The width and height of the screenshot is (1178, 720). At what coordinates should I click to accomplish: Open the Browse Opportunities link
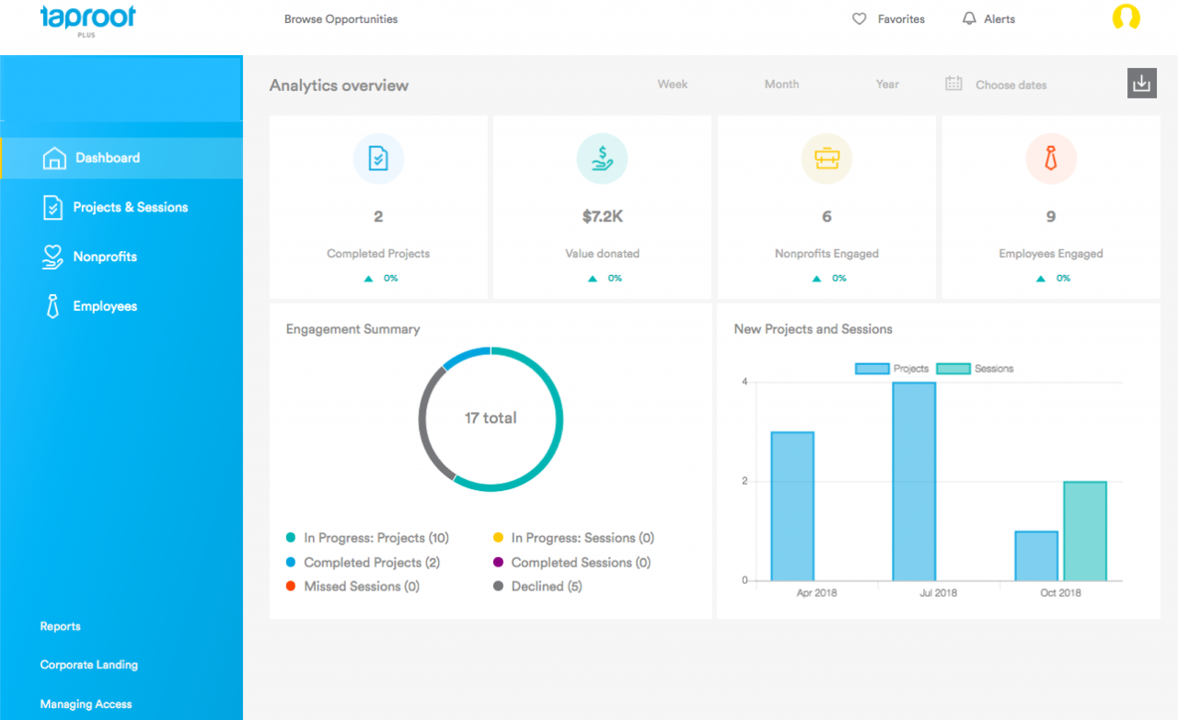pyautogui.click(x=341, y=19)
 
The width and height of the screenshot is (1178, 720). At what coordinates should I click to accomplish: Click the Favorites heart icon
pyautogui.click(x=860, y=19)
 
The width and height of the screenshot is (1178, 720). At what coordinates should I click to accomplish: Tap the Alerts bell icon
pyautogui.click(x=969, y=19)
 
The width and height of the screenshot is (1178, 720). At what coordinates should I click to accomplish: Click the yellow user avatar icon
pyautogui.click(x=1126, y=18)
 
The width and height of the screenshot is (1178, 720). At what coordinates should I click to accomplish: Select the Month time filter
pyautogui.click(x=781, y=85)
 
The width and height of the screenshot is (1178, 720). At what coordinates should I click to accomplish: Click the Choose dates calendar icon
pyautogui.click(x=953, y=84)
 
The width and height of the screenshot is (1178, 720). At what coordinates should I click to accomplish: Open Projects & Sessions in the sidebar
pyautogui.click(x=130, y=208)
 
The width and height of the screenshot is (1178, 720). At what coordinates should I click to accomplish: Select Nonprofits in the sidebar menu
pyautogui.click(x=105, y=257)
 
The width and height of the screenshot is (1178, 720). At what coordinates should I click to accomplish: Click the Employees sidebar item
pyautogui.click(x=105, y=307)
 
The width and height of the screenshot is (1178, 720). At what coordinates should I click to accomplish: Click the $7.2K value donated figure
pyautogui.click(x=602, y=217)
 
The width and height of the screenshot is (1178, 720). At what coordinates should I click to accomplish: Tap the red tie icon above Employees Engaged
pyautogui.click(x=1050, y=159)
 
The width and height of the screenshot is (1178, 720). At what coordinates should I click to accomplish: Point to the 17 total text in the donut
pyautogui.click(x=491, y=418)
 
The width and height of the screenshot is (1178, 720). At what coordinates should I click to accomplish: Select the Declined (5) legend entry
pyautogui.click(x=547, y=587)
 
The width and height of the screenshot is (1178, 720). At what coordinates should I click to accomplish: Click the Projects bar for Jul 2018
pyautogui.click(x=914, y=481)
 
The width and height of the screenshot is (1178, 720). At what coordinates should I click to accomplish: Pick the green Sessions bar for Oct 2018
pyautogui.click(x=1084, y=531)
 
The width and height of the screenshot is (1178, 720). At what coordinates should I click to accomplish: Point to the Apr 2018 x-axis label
pyautogui.click(x=816, y=593)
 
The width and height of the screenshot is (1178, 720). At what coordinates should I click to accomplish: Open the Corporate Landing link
pyautogui.click(x=88, y=665)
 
